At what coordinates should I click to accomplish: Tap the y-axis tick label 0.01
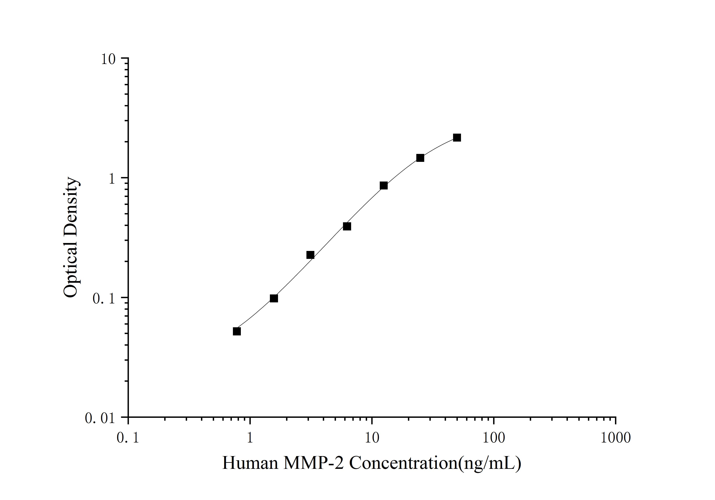[x=100, y=418]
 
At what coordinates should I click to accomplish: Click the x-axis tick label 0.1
[x=128, y=438]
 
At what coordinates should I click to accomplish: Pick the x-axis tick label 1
[x=250, y=438]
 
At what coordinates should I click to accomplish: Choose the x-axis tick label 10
[x=372, y=438]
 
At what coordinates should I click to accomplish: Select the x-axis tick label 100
[x=494, y=438]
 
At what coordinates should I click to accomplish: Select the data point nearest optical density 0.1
[x=274, y=298]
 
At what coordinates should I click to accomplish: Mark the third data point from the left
[x=310, y=255]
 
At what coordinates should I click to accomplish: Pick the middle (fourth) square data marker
[x=347, y=226]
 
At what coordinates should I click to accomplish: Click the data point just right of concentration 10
[x=384, y=185]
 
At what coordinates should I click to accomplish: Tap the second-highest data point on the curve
[x=420, y=158]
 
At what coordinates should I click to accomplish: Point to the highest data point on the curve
[x=457, y=137]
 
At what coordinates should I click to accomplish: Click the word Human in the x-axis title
[x=250, y=463]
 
